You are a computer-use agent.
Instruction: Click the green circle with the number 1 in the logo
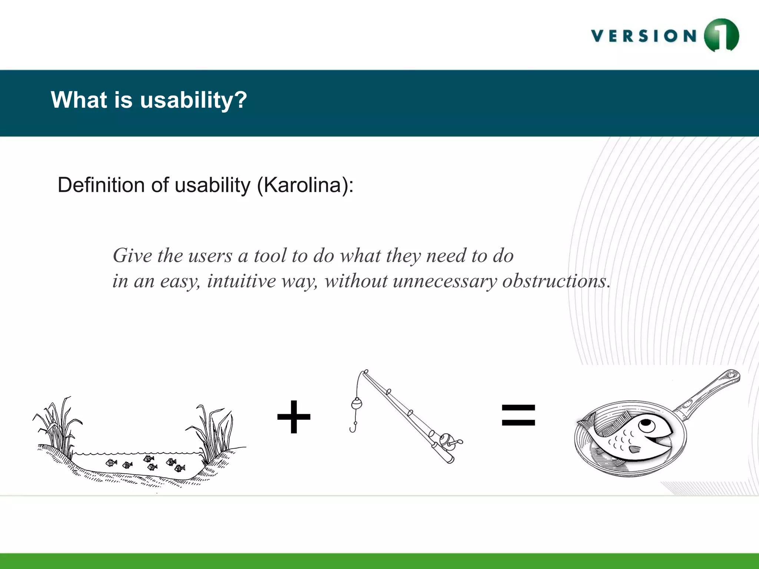(x=721, y=36)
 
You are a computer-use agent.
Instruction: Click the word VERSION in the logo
(x=644, y=36)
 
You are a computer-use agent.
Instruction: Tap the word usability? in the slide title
(x=193, y=100)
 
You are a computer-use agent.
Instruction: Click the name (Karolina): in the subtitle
(x=305, y=185)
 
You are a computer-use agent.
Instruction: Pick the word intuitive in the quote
(x=241, y=281)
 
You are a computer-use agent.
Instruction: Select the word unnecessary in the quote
(x=444, y=281)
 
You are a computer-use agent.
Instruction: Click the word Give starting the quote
(x=132, y=256)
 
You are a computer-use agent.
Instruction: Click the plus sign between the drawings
(x=294, y=417)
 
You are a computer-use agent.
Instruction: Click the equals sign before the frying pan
(x=518, y=415)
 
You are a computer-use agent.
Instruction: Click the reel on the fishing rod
(x=447, y=441)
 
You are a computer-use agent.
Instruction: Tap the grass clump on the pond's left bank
(x=57, y=426)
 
